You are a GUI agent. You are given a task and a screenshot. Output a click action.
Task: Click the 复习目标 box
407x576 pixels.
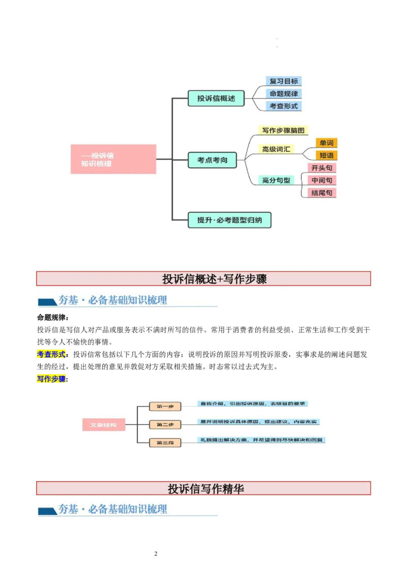pos(284,81)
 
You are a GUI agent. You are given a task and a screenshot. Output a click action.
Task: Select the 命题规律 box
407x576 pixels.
pos(284,94)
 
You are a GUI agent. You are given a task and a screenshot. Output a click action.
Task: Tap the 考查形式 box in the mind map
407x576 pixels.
pos(284,106)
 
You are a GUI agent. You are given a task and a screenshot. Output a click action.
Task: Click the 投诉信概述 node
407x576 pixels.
pos(216,98)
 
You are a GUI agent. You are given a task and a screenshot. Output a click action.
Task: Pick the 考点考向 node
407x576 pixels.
pos(212,160)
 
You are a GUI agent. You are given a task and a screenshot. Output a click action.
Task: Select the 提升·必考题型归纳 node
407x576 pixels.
pos(229,220)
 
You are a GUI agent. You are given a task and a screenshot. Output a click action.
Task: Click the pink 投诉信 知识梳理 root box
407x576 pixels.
pos(113,159)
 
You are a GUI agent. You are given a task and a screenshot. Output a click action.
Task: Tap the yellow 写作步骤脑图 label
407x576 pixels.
pos(283,131)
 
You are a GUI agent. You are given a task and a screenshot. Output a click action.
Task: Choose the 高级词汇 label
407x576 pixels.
pos(276,149)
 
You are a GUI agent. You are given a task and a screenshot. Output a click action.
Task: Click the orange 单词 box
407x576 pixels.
pos(326,143)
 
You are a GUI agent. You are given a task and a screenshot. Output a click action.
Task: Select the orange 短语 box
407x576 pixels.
pos(326,155)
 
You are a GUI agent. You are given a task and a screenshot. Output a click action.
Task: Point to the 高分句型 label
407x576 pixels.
pos(276,180)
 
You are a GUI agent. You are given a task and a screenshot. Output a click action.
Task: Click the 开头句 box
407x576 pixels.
pos(322,168)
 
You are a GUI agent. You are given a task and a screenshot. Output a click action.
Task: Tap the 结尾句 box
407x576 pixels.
pos(322,193)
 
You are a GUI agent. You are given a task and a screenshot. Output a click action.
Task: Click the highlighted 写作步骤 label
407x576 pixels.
pos(51,379)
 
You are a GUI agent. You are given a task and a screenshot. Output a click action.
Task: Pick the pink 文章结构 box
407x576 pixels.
pos(104,424)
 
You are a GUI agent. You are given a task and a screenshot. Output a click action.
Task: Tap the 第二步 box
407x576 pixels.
pos(165,424)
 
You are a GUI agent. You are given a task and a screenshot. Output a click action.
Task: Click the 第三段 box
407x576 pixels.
pos(165,443)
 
